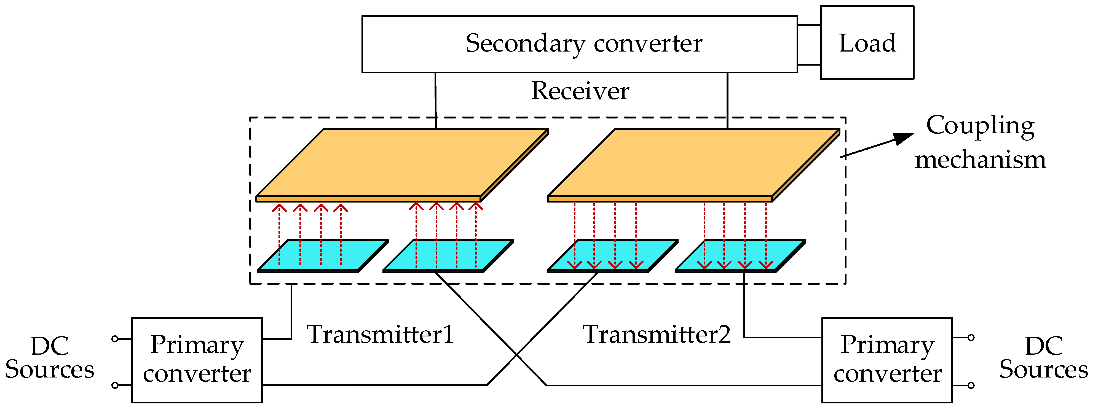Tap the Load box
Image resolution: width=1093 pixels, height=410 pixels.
pos(867,43)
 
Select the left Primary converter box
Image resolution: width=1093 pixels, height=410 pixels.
pos(197,360)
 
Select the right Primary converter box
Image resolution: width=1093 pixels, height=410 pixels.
pos(887,360)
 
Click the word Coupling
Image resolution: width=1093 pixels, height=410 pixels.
pos(980,126)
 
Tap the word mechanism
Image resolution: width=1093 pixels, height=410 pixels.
pos(980,160)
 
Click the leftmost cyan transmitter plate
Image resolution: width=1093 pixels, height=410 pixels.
pos(323,256)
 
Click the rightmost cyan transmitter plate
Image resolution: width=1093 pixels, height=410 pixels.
pos(740,256)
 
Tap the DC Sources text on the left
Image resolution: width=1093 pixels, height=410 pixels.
pos(50,358)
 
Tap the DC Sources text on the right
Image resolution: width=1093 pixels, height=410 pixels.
pos(1043,358)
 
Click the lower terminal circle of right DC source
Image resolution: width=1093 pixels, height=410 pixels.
pos(971,385)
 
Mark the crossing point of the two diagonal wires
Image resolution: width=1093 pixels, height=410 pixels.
pos(516,354)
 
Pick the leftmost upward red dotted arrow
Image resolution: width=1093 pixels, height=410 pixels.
pos(279,235)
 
